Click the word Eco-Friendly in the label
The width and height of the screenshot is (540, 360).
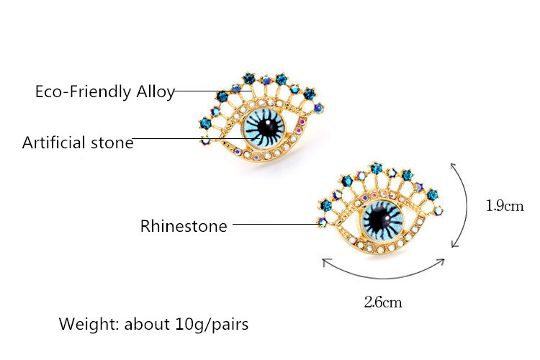point(83,91)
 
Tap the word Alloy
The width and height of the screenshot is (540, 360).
point(156,92)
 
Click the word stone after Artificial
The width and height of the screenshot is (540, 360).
point(112,143)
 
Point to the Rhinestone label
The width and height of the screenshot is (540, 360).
point(184,226)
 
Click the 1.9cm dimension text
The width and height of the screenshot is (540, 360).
point(505,206)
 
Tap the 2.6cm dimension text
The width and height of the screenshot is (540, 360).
point(383,302)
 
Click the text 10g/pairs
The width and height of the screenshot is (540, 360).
point(212,325)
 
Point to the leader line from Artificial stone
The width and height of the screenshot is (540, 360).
point(193,138)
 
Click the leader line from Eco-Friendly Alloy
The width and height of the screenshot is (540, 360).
point(213,91)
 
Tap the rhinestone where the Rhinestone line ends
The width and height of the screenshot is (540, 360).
point(323,222)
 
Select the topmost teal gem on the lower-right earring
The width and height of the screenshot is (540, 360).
point(377,168)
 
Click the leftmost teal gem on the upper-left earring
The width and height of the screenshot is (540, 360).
point(206,123)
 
